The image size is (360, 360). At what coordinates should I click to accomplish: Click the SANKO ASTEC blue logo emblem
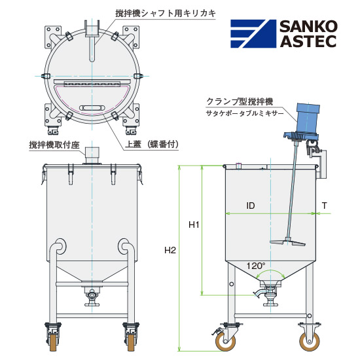point(253,34)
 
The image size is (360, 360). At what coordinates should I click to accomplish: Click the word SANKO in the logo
point(308,26)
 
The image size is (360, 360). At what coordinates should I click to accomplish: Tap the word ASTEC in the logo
point(308,41)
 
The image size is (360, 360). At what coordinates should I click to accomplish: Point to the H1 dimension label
point(194,225)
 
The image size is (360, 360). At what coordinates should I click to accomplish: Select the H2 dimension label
point(170,250)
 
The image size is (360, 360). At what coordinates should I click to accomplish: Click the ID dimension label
point(251,206)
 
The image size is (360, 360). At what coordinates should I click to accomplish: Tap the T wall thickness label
point(324,206)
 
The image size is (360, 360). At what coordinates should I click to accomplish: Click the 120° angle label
point(256,266)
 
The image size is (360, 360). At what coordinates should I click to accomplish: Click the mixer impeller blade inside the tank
point(288,242)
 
